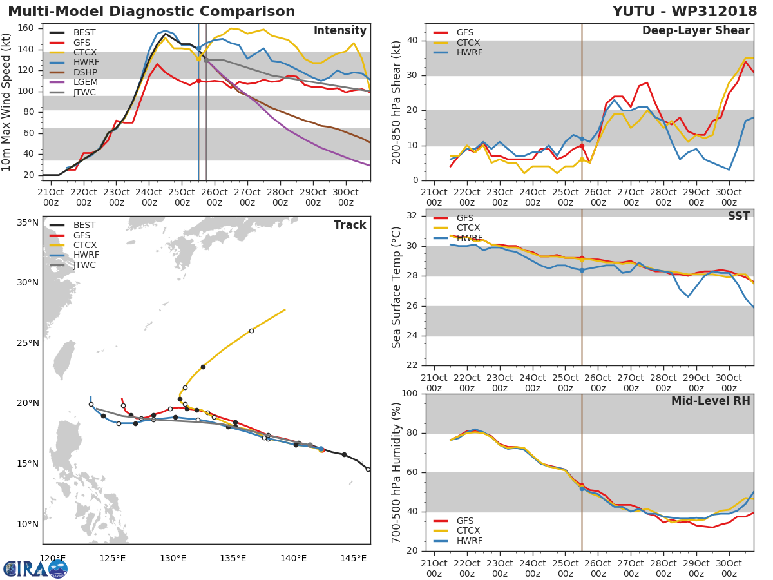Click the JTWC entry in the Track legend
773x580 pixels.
click(x=84, y=266)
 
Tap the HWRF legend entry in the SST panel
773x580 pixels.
click(x=468, y=238)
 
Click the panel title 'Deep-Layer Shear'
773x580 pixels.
click(x=696, y=31)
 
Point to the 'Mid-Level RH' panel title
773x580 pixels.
click(x=711, y=401)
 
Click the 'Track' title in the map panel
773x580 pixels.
click(x=349, y=226)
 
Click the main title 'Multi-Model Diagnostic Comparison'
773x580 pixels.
click(x=151, y=12)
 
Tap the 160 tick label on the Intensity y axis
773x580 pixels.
click(x=25, y=28)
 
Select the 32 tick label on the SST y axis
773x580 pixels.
click(x=412, y=216)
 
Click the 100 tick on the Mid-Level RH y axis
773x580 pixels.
click(x=410, y=394)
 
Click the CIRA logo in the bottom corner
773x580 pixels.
click(x=35, y=568)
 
